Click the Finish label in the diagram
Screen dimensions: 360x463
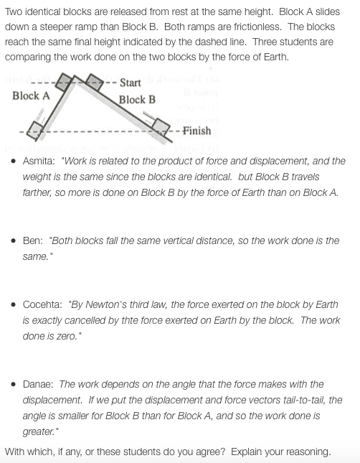tap(196, 131)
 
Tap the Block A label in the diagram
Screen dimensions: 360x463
tap(31, 95)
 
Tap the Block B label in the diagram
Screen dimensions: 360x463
tap(137, 100)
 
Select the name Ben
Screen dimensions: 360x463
tap(33, 240)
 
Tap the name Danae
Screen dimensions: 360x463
tap(40, 384)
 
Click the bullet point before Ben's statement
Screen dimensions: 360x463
tap(15, 241)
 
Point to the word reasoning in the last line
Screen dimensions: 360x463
tap(302, 452)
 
